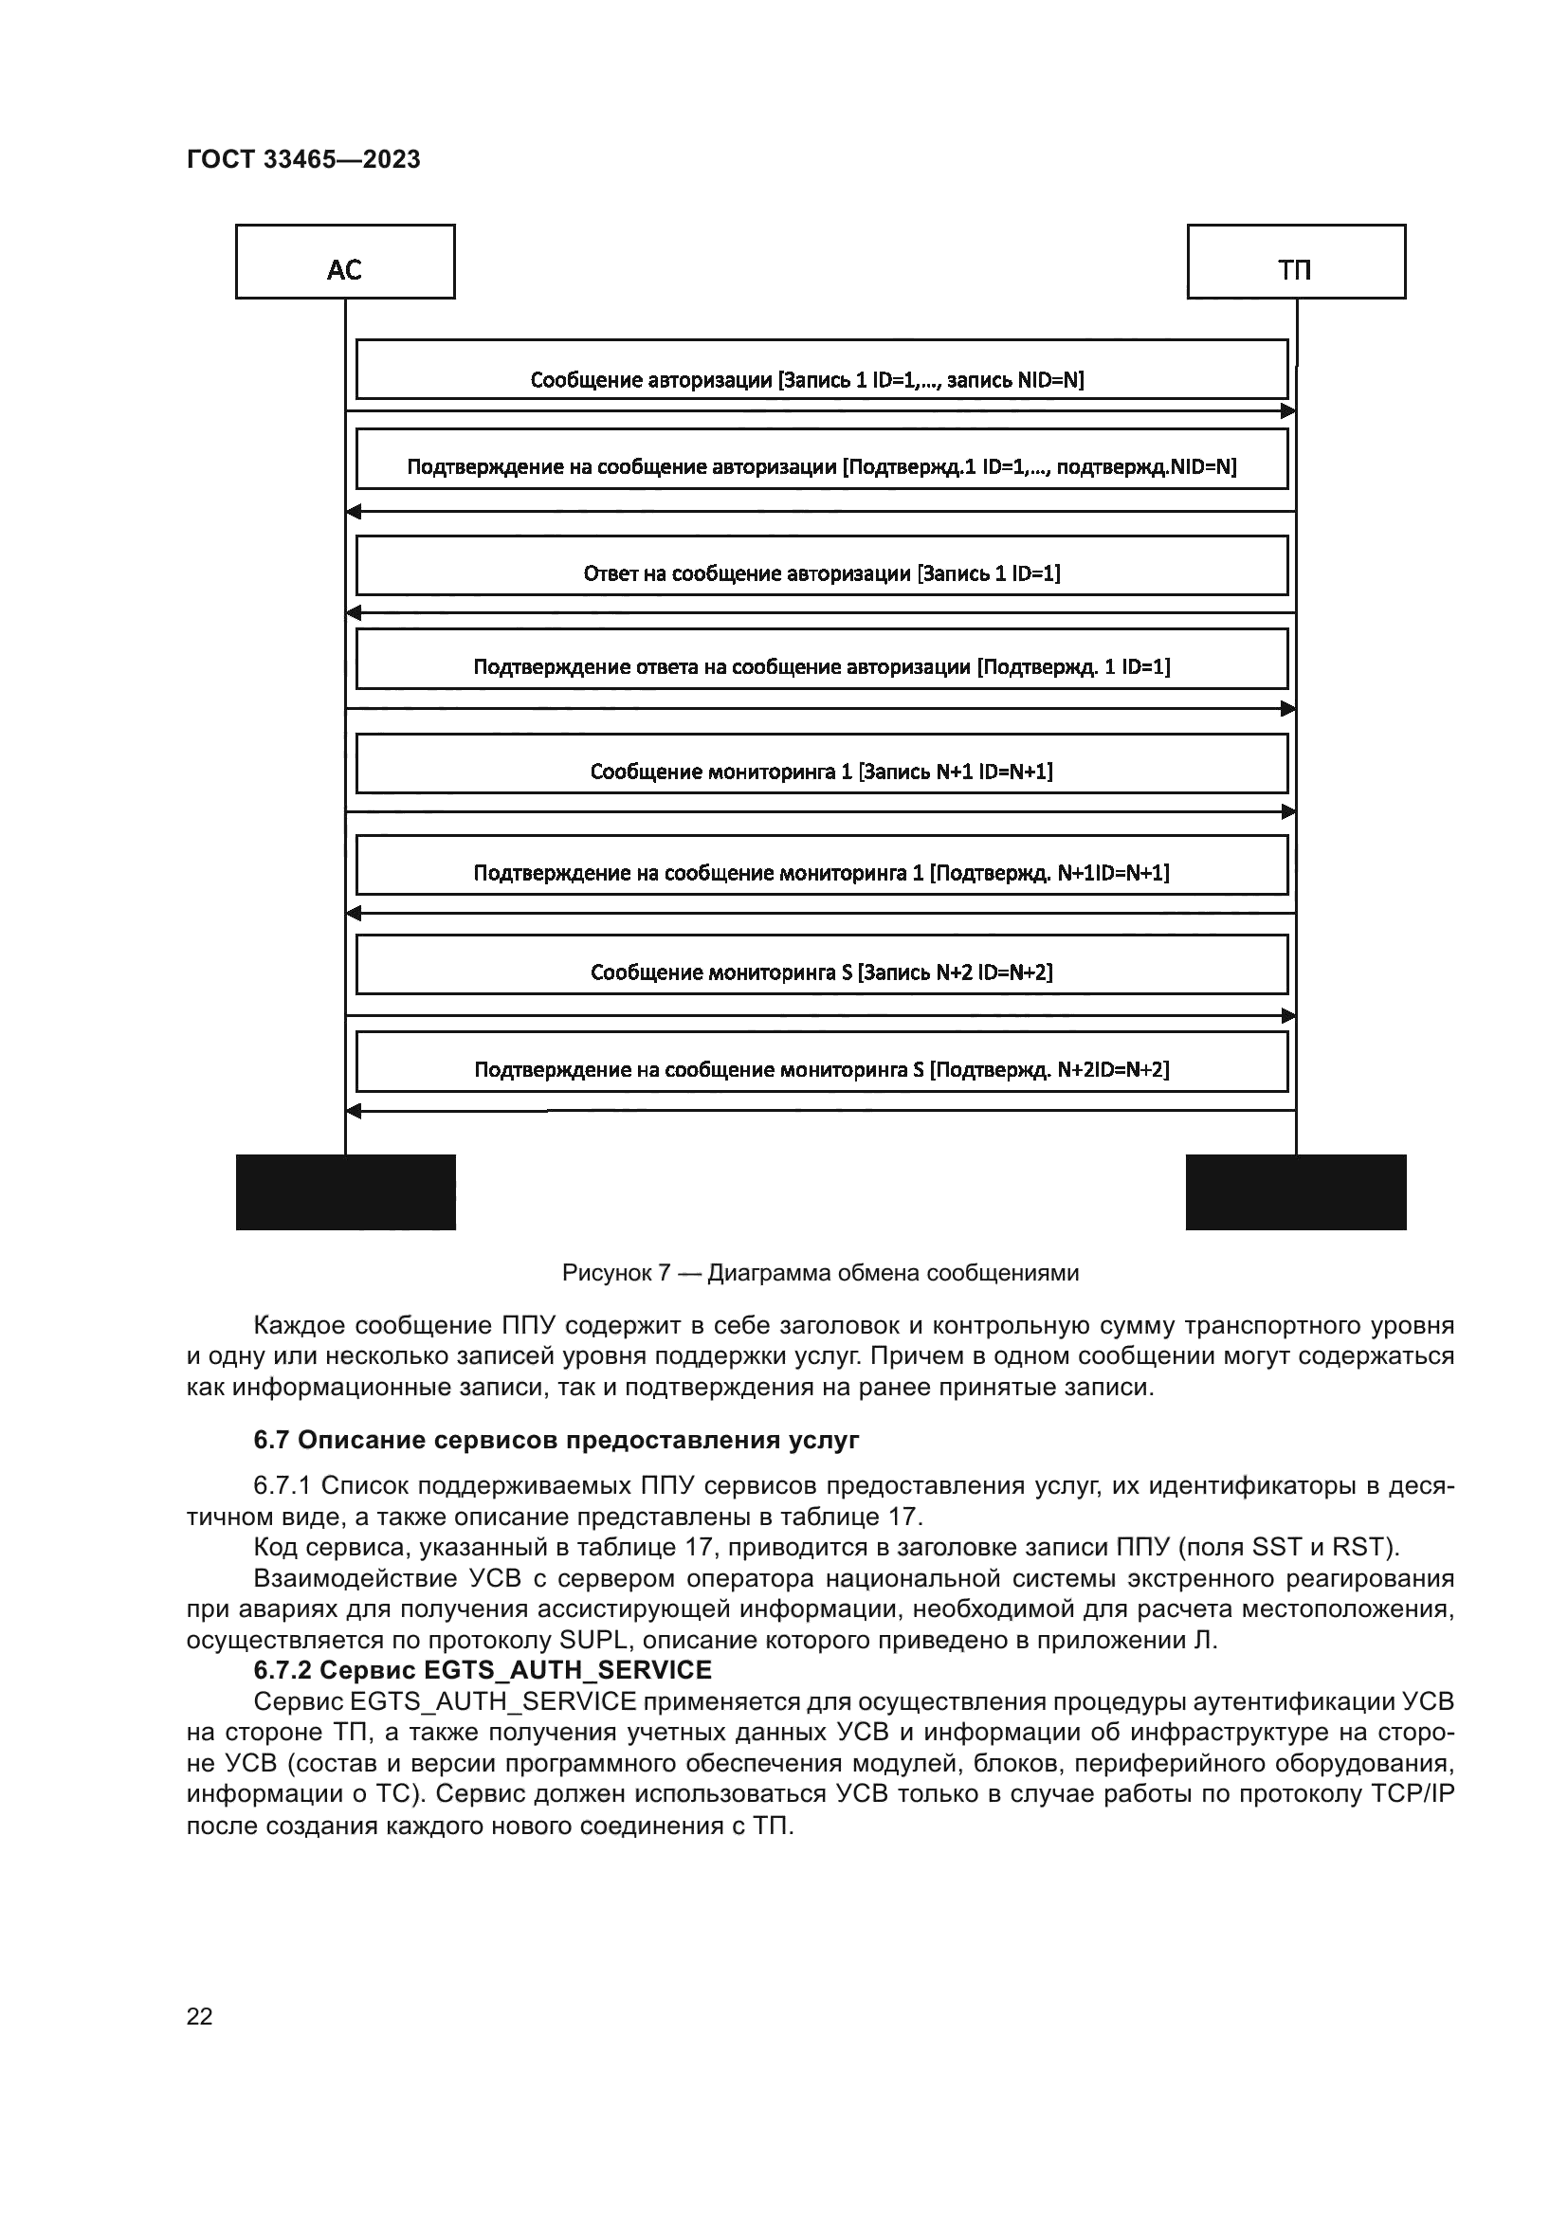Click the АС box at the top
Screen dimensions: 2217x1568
coord(345,262)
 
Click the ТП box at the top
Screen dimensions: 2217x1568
coord(1296,262)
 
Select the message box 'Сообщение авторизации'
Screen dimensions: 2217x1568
coord(822,369)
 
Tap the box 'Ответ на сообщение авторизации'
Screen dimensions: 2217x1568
coord(822,566)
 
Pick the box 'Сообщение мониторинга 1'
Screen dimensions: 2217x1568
coord(822,764)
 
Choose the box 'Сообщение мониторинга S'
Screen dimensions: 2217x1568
coord(822,965)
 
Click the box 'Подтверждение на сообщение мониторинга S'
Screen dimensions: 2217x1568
coord(822,1063)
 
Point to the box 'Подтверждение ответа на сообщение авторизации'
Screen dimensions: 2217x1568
coord(822,660)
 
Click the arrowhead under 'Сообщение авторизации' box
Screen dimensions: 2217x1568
coord(1288,411)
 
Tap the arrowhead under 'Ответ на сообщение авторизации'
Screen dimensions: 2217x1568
coord(354,613)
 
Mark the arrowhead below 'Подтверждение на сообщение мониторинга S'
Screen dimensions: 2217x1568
coord(354,1112)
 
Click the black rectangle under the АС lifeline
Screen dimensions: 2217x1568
coord(346,1192)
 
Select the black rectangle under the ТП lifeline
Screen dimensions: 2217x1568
coord(1296,1192)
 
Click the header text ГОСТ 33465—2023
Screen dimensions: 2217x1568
coord(303,160)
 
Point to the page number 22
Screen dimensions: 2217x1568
coord(199,2016)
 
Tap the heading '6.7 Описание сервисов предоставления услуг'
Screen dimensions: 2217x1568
coord(556,1441)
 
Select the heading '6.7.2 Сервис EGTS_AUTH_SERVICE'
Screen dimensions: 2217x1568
coord(483,1669)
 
